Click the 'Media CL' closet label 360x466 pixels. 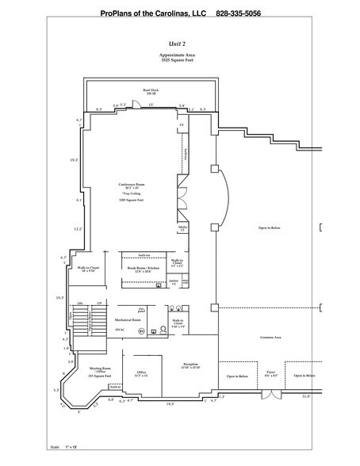(x=182, y=229)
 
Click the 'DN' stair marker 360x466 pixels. (x=80, y=304)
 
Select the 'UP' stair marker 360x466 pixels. (x=98, y=304)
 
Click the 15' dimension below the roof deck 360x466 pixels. (x=151, y=106)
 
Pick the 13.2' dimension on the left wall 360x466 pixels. (x=78, y=229)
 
